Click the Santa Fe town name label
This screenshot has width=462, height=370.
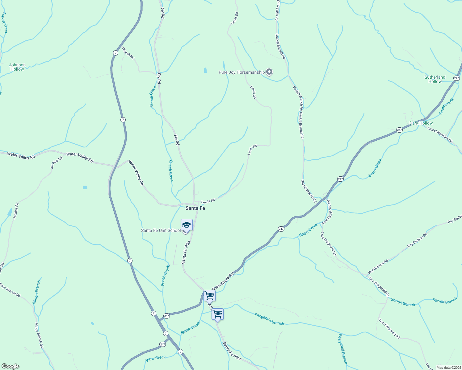pyautogui.click(x=195, y=208)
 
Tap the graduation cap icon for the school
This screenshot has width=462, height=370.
pyautogui.click(x=187, y=225)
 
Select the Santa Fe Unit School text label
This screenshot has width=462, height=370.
pyautogui.click(x=161, y=231)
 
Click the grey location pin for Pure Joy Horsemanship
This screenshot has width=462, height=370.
pyautogui.click(x=269, y=72)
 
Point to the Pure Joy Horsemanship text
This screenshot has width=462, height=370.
pyautogui.click(x=241, y=72)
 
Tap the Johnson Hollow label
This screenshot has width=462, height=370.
pyautogui.click(x=17, y=67)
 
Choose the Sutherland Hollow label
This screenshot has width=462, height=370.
pyautogui.click(x=435, y=79)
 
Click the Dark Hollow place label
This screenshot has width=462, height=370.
pyautogui.click(x=421, y=123)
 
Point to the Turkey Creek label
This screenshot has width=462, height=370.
pyautogui.click(x=4, y=23)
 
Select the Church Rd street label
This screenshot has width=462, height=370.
pyautogui.click(x=128, y=53)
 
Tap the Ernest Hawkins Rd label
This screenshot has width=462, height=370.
pyautogui.click(x=440, y=135)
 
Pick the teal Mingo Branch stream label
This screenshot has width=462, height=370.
pyautogui.click(x=36, y=292)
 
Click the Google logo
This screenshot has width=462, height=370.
pyautogui.click(x=10, y=366)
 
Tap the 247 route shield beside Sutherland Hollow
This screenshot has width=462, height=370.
pyautogui.click(x=456, y=78)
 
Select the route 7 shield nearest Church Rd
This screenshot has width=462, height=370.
pyautogui.click(x=115, y=53)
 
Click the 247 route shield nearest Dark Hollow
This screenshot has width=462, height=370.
pyautogui.click(x=399, y=130)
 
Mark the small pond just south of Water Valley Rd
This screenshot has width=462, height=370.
pyautogui.click(x=85, y=187)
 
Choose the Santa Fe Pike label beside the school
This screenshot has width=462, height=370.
pyautogui.click(x=186, y=252)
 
